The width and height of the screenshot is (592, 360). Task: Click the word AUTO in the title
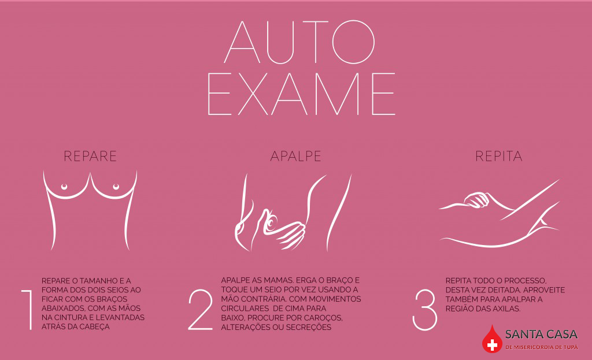(x=299, y=42)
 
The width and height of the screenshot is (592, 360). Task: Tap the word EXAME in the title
(x=301, y=94)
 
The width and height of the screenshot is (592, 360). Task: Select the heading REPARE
(x=90, y=156)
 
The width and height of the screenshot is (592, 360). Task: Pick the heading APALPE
(x=295, y=156)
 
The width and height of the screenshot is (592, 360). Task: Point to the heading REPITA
(x=499, y=156)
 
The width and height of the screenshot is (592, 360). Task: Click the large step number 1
(x=27, y=309)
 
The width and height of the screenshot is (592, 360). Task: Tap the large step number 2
(x=201, y=310)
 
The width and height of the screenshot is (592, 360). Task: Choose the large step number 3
(x=425, y=310)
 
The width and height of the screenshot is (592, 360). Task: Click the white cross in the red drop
(x=492, y=344)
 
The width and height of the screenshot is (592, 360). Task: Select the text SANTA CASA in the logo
(x=541, y=335)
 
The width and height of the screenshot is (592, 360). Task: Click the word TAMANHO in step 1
(x=98, y=281)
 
